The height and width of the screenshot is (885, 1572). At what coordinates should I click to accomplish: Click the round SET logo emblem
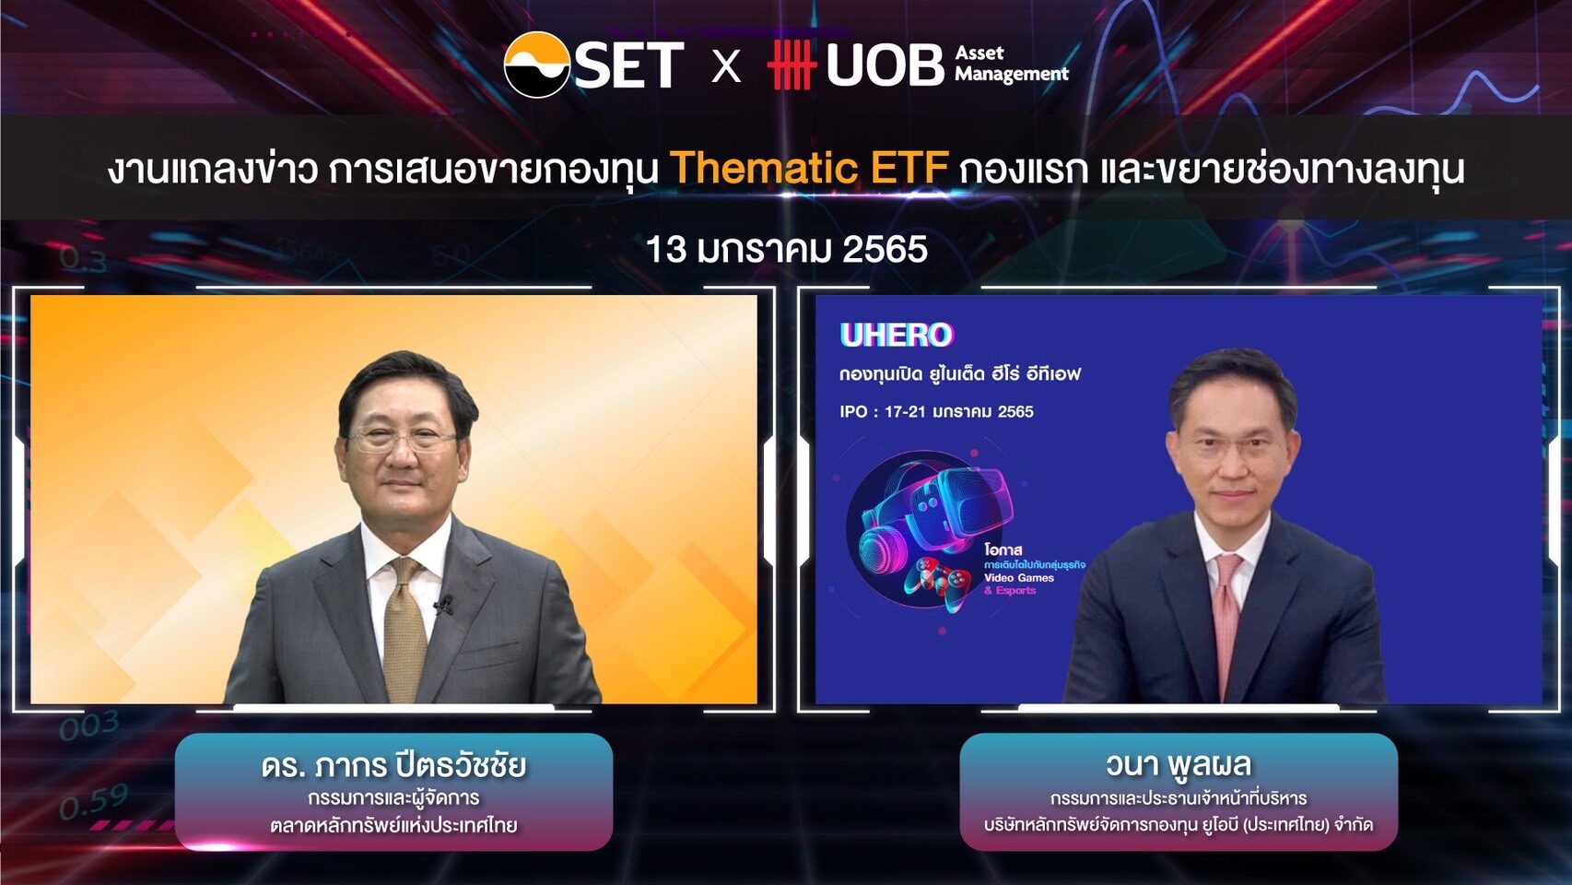[536, 65]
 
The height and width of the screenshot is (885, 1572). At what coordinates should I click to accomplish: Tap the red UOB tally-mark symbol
[791, 65]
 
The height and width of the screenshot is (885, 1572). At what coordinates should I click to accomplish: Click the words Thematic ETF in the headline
[808, 169]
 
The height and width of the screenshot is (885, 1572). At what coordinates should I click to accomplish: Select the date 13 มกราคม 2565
[786, 250]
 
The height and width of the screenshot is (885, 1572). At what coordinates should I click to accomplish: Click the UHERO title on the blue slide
[896, 335]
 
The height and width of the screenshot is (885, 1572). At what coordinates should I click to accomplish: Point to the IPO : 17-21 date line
[936, 411]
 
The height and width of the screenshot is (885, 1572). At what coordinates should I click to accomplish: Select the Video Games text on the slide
[1018, 578]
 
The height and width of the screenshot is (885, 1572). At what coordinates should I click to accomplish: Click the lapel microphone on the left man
[443, 606]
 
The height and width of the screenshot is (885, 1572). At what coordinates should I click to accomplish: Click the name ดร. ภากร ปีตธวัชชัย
[393, 765]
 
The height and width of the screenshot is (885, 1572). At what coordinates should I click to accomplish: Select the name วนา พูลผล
[1178, 764]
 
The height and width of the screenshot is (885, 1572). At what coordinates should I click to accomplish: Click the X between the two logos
[726, 66]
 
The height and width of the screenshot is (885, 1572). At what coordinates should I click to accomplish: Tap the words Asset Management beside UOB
[1011, 64]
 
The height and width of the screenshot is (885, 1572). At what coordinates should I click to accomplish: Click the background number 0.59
[93, 802]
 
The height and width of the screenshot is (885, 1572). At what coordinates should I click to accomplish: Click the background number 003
[88, 726]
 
